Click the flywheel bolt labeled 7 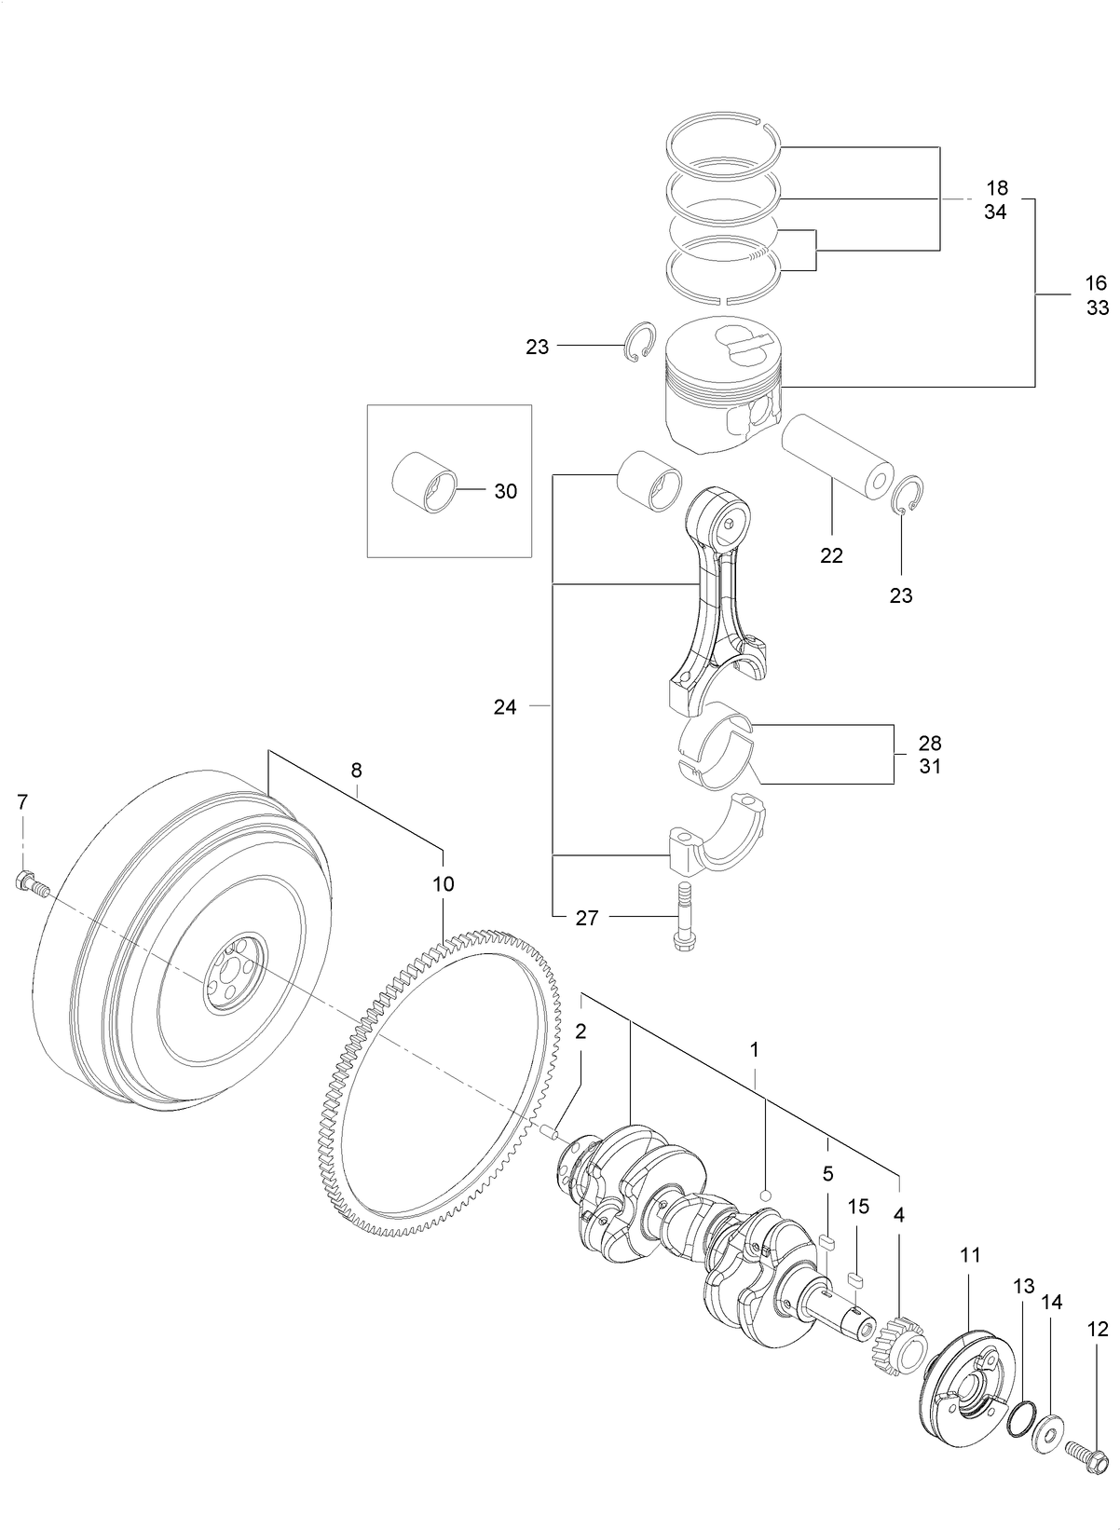pos(30,882)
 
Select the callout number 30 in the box pos(505,491)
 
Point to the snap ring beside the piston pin pos(908,495)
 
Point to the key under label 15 pos(857,1277)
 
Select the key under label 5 pos(827,1240)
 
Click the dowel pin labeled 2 pos(550,1131)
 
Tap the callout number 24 pos(504,707)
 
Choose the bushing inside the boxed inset pos(424,484)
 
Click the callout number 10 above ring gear pos(444,883)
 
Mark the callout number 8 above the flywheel pos(356,771)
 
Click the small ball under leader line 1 pos(765,1195)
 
